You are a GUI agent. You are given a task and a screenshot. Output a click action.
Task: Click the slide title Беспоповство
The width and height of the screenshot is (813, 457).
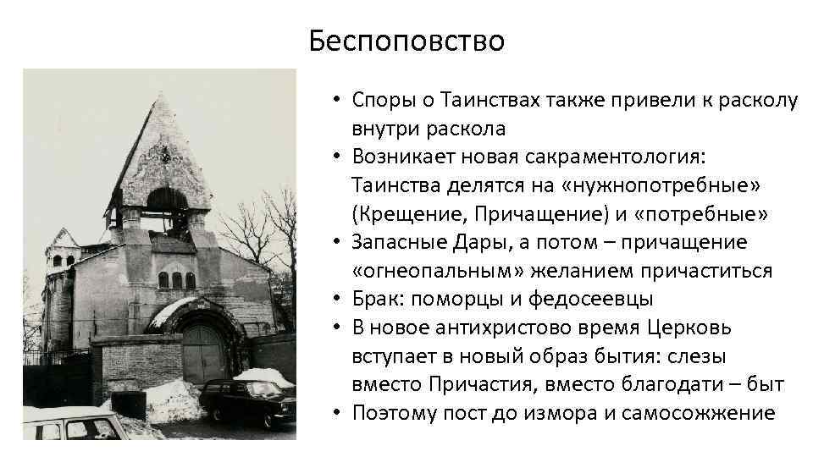406,40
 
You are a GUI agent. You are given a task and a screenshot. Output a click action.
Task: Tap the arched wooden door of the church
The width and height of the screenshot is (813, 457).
202,351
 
